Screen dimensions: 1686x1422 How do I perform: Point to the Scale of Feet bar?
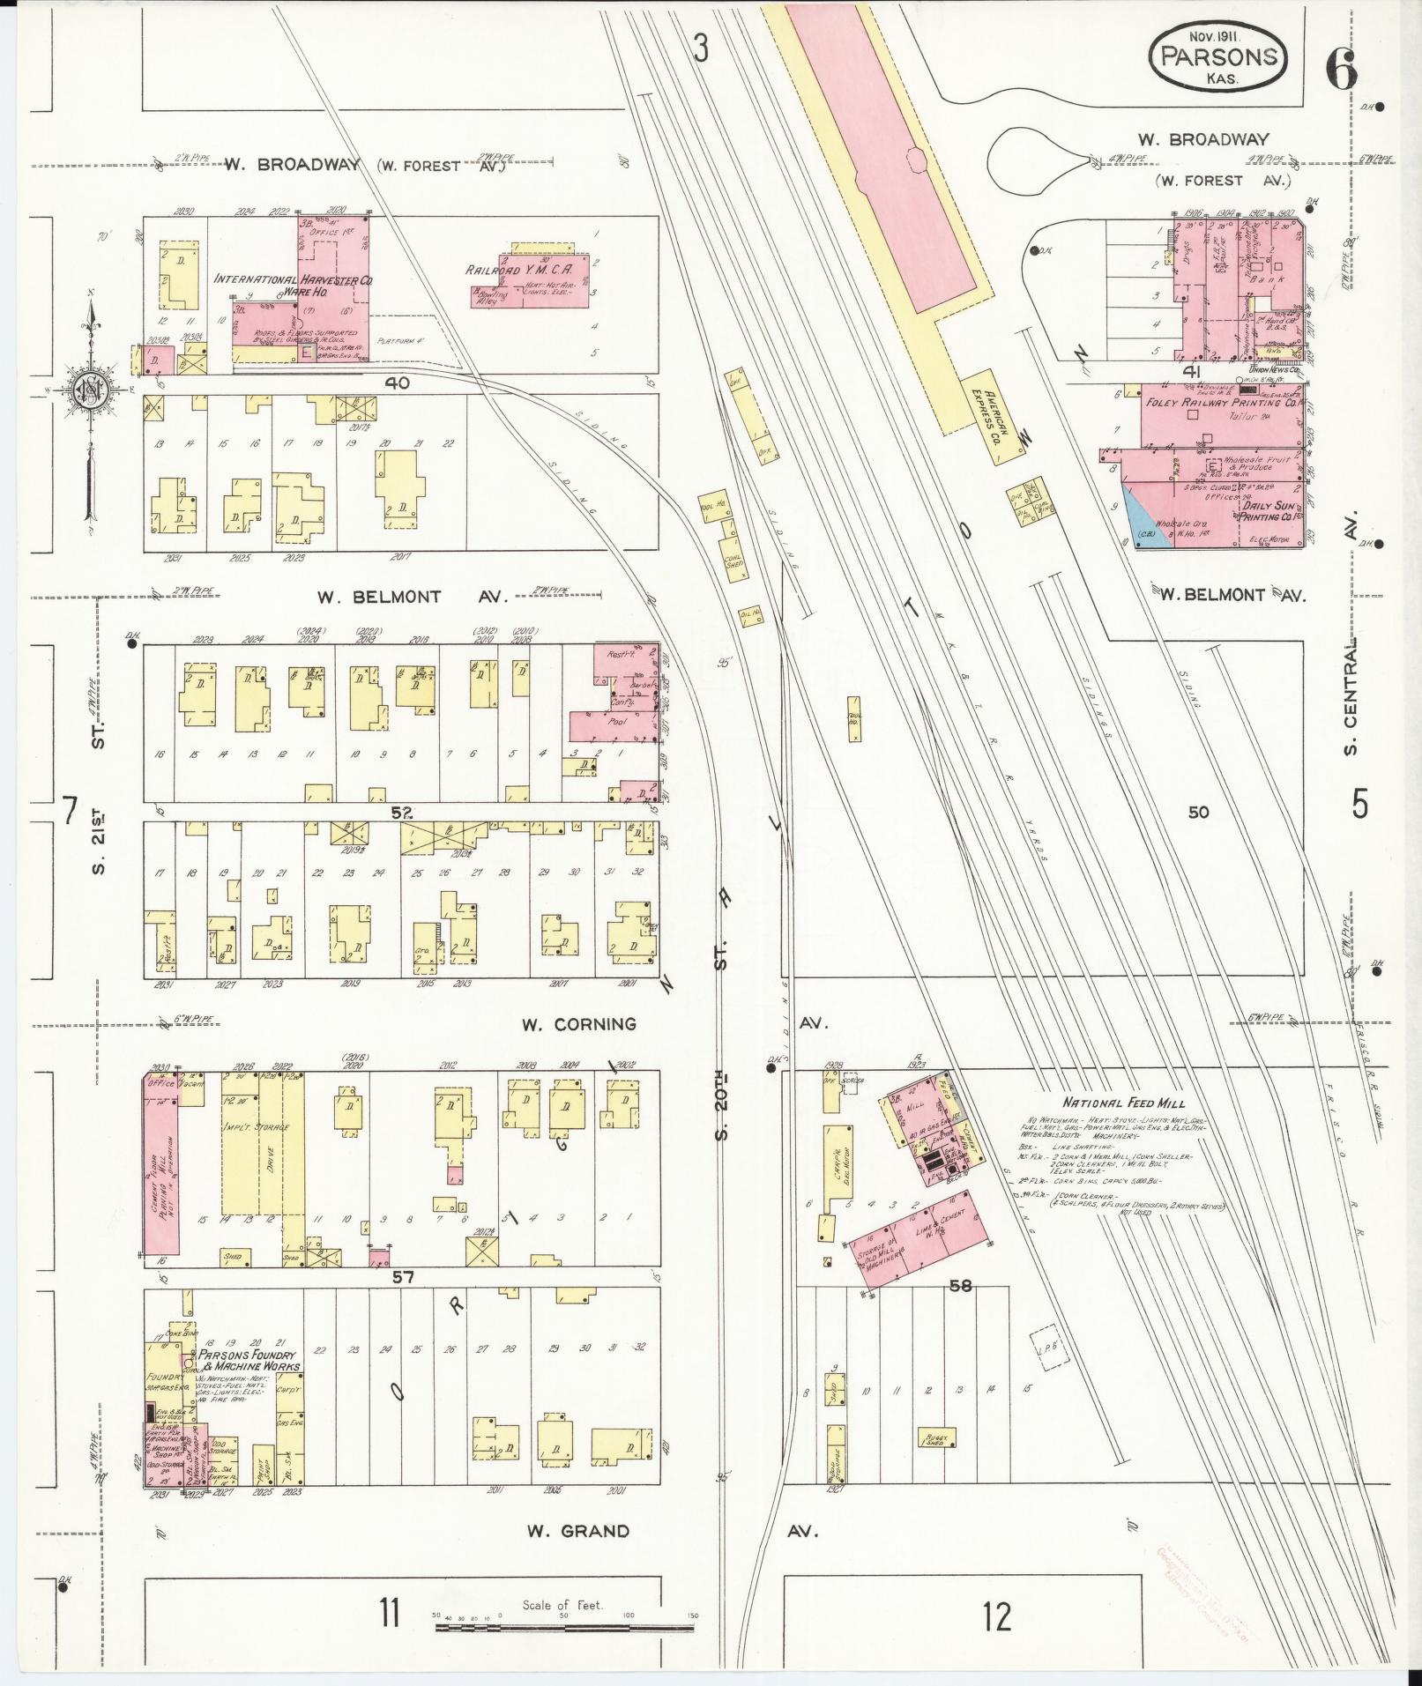(564, 1623)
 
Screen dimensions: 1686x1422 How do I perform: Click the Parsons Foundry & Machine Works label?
(249, 1385)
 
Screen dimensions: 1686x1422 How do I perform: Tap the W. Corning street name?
(578, 1024)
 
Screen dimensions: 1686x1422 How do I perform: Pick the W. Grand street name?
(578, 1531)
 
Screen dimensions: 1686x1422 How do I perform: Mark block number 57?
(403, 1275)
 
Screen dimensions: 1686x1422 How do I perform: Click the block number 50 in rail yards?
(1197, 812)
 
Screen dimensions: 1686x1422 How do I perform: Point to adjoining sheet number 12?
(998, 1617)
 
